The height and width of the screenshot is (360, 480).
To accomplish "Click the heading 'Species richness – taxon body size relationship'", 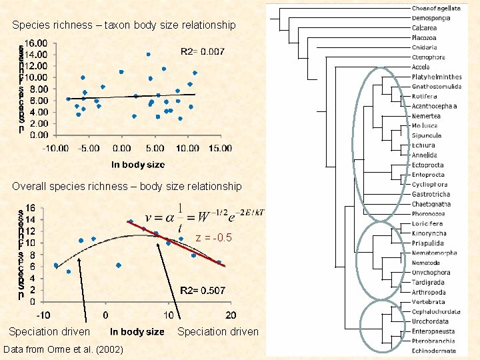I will click(x=123, y=25).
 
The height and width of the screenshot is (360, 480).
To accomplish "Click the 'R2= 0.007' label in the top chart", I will click(x=203, y=51).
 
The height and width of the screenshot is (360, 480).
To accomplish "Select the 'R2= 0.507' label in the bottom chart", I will click(x=203, y=291).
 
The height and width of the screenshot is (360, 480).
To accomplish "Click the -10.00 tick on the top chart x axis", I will click(x=56, y=148).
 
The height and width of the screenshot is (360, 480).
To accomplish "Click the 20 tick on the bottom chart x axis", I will click(x=230, y=315).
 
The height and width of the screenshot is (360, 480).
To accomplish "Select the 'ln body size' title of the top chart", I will click(x=137, y=164).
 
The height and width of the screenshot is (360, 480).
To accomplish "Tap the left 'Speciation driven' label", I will click(x=49, y=332).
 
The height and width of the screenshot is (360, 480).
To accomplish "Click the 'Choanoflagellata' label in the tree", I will click(x=436, y=8).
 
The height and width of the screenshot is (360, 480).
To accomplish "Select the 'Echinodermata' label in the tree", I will click(x=433, y=350).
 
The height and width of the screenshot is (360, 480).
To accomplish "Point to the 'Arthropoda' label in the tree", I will click(x=429, y=292).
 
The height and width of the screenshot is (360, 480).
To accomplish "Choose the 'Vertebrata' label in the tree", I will click(x=429, y=302).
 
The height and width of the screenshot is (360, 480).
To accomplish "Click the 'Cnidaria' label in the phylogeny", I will click(x=424, y=47).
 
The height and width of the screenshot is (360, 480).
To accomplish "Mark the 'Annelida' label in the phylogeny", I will click(x=424, y=155).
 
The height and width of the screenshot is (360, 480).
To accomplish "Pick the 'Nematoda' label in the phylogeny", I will click(x=426, y=263).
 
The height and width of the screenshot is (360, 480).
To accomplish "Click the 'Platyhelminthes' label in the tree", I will click(x=437, y=77).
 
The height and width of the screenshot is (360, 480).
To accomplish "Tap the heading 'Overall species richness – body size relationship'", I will click(x=127, y=186).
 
